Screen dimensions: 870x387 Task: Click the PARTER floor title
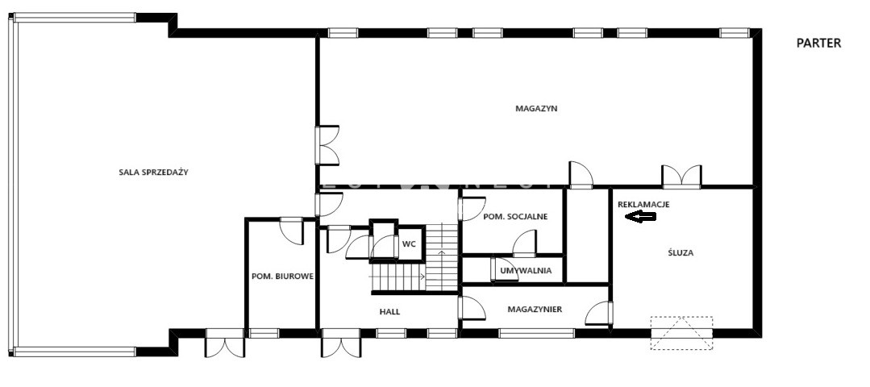(x=818, y=44)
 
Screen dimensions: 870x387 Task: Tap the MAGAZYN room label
(x=536, y=109)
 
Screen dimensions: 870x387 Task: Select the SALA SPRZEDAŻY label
(x=154, y=172)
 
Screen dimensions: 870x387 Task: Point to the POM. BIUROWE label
(x=282, y=276)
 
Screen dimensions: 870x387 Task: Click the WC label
(x=409, y=243)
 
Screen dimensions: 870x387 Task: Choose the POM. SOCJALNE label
(x=515, y=216)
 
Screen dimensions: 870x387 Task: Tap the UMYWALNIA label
(x=526, y=271)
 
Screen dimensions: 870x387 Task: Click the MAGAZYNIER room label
(x=535, y=310)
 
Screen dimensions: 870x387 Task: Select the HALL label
(x=389, y=311)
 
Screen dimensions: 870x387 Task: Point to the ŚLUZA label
(x=681, y=253)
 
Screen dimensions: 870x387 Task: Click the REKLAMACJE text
(x=643, y=204)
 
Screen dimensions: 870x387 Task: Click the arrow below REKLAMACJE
(x=640, y=216)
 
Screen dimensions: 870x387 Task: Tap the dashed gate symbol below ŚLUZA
(x=681, y=333)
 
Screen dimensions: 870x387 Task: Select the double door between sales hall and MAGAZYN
(x=327, y=145)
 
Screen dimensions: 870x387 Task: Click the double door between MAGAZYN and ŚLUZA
(x=681, y=177)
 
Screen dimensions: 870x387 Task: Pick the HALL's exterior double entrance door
(x=341, y=343)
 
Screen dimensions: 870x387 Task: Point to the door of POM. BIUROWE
(x=291, y=231)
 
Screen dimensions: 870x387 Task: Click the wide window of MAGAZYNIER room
(x=536, y=333)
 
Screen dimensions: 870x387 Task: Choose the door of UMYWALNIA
(x=504, y=269)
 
